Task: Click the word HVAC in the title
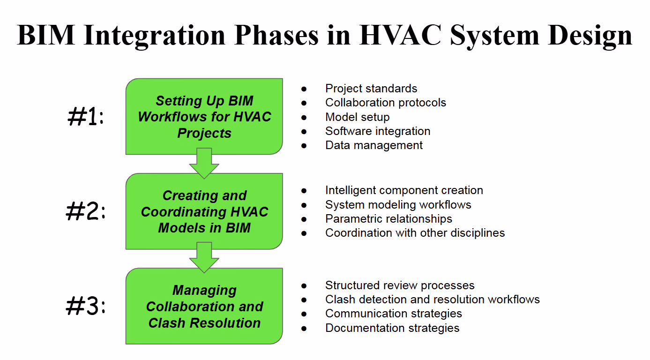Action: click(x=400, y=35)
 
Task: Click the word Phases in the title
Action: click(x=276, y=35)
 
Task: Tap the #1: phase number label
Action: click(x=85, y=116)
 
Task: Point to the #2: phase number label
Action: click(x=85, y=211)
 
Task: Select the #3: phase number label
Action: click(x=85, y=306)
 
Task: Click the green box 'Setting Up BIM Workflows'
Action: click(x=204, y=116)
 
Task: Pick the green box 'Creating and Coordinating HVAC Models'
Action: click(x=204, y=211)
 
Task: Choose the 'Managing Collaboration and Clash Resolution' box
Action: click(x=204, y=306)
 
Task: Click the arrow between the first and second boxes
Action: click(x=204, y=164)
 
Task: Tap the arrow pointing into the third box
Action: click(x=204, y=258)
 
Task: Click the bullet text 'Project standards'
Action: click(x=371, y=89)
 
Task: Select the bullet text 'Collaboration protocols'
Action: click(x=386, y=103)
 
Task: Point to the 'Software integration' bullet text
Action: click(x=378, y=131)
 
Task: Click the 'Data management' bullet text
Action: click(x=374, y=145)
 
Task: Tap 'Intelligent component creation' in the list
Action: click(x=404, y=190)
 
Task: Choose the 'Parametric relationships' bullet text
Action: click(x=389, y=219)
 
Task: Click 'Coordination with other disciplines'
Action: click(x=415, y=233)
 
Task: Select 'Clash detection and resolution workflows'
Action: click(x=433, y=300)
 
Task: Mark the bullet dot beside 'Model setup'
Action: click(x=304, y=118)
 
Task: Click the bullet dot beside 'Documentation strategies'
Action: click(x=304, y=329)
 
